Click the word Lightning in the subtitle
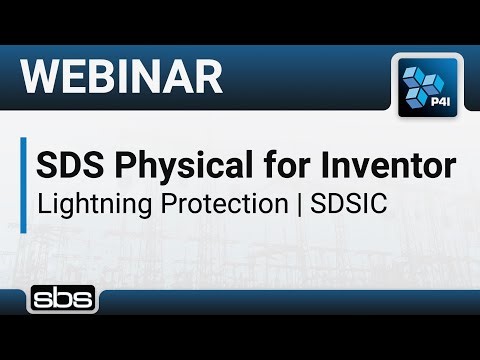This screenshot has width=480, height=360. [x=83, y=204]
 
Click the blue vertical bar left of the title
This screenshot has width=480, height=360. [x=23, y=184]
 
